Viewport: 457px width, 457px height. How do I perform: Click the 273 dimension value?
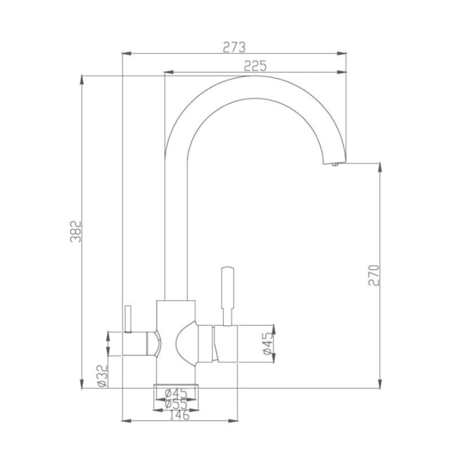click(234, 47)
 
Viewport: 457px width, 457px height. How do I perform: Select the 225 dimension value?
click(255, 66)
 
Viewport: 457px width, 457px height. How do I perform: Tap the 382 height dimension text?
click(76, 232)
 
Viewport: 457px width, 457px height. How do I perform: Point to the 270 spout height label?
click(374, 275)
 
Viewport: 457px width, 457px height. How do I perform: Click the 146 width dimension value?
click(179, 415)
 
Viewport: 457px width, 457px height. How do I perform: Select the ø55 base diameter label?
click(176, 404)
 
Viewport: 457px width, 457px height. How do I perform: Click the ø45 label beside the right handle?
click(269, 344)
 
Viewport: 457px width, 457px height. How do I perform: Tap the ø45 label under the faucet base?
click(176, 394)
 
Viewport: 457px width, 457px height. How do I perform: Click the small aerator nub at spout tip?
click(335, 165)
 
